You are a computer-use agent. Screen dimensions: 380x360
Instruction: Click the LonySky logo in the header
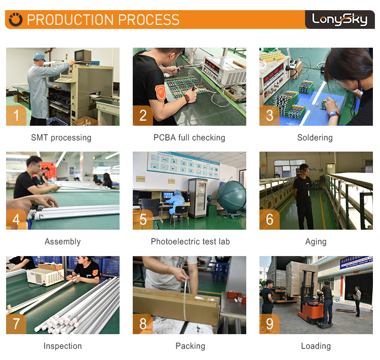339,19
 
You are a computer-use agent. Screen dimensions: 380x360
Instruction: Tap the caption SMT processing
61,137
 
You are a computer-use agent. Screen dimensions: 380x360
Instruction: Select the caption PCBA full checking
189,137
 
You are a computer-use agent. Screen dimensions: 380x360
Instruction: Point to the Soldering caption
315,137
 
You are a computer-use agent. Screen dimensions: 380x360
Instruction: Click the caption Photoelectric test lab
190,242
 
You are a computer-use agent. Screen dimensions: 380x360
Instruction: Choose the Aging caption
316,242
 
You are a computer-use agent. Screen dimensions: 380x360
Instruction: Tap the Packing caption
190,346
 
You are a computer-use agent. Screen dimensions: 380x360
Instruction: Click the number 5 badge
143,220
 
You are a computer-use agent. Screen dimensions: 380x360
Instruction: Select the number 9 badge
270,324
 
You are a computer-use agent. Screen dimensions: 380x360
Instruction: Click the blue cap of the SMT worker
39,57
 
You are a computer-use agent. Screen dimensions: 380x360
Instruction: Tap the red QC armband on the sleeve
160,92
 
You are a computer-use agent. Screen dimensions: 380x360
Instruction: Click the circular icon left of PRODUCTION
16,19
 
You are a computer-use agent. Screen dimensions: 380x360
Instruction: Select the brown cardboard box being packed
176,306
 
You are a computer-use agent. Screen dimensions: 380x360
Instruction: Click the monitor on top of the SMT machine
83,56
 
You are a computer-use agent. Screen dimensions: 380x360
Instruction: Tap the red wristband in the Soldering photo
334,114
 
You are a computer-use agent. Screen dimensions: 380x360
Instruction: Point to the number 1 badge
16,116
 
